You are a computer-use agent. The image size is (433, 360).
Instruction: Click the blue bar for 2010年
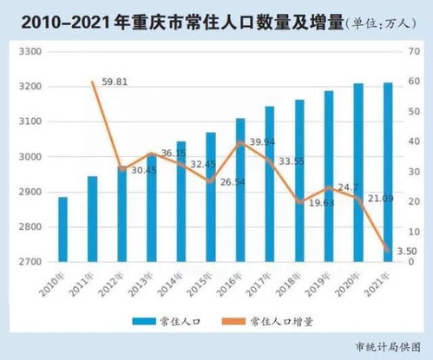(63, 229)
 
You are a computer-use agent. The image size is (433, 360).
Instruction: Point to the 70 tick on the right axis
(414, 52)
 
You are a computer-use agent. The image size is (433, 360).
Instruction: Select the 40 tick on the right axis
(414, 141)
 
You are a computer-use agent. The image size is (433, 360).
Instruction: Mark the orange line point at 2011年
(93, 82)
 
